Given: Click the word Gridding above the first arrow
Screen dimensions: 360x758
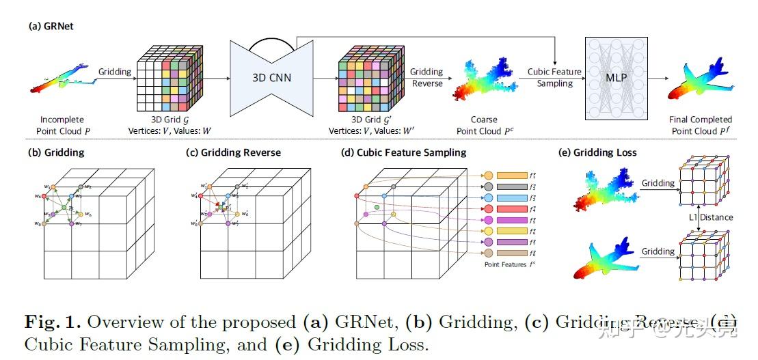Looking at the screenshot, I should point(115,71).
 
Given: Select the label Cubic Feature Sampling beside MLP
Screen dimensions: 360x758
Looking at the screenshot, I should point(554,77).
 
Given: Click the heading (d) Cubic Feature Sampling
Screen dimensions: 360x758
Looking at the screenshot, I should point(403,152).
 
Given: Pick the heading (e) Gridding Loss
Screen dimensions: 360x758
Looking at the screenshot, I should point(598,152).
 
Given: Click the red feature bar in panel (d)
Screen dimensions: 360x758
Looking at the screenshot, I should point(511,208).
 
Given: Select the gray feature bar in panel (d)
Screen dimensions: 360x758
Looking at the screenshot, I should point(511,186).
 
